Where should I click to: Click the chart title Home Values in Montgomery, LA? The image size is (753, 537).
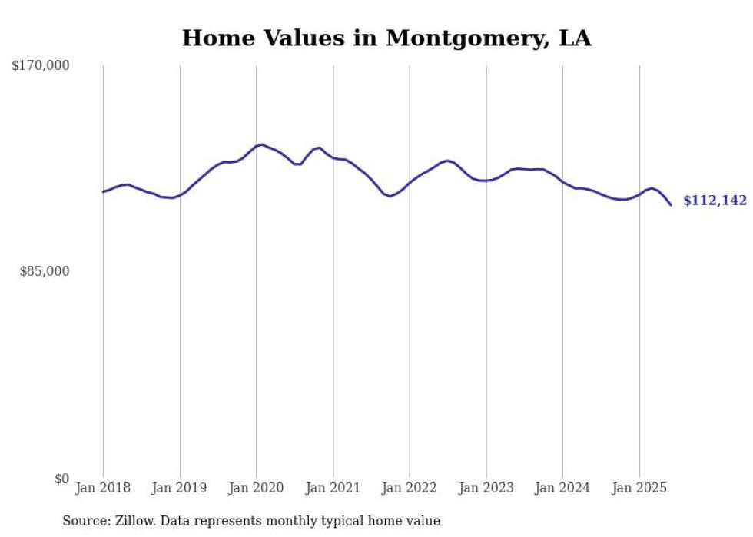[x=386, y=38]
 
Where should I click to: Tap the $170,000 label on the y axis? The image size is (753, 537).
[x=41, y=66]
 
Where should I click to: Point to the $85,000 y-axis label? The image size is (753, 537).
[x=45, y=271]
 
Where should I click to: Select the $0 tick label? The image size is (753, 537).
[x=61, y=479]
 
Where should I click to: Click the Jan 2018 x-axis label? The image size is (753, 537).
[x=103, y=488]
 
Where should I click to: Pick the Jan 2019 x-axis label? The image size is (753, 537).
[x=180, y=488]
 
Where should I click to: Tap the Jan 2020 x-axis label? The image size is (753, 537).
[x=257, y=488]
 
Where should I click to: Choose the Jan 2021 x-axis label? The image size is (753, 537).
[x=333, y=488]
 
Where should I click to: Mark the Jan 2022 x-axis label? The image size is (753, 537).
[x=410, y=488]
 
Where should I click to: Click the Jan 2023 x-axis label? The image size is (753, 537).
[x=486, y=488]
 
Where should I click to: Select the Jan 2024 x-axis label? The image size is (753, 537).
[x=562, y=488]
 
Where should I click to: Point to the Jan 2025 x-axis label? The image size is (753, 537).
[x=639, y=488]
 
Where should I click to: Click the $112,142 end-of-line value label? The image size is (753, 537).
[x=715, y=201]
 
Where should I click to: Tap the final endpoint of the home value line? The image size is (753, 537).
[x=671, y=205]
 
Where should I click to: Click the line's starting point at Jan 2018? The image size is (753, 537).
[x=103, y=191]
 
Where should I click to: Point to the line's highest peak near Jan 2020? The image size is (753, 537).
[x=262, y=144]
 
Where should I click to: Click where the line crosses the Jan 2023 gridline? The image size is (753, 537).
[x=486, y=181]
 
